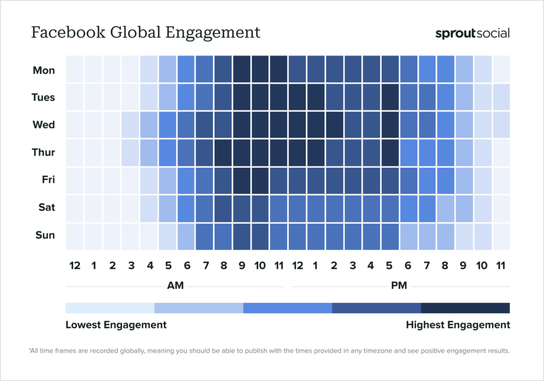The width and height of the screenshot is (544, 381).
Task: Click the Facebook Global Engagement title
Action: tap(146, 33)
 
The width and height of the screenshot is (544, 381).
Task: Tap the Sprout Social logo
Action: tap(472, 33)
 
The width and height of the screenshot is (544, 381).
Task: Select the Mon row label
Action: tap(44, 70)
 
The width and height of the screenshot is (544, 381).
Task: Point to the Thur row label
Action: tap(43, 153)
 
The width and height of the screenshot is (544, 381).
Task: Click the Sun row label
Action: tap(45, 235)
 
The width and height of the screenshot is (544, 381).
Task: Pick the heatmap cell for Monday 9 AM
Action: tap(242, 69)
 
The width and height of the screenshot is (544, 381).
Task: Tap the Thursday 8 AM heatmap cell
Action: tap(223, 153)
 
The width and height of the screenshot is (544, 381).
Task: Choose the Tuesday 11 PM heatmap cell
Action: tap(501, 97)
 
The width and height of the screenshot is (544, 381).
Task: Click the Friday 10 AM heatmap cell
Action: tap(260, 180)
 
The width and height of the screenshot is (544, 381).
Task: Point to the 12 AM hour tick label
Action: tap(74, 265)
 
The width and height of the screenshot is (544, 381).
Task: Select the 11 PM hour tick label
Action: tap(501, 265)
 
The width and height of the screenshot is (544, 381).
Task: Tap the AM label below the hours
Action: tap(175, 286)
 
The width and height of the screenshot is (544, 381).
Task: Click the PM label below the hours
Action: tap(399, 286)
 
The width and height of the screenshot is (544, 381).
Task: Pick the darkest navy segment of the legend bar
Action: tap(465, 308)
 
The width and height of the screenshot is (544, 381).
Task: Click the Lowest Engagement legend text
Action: tap(116, 325)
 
